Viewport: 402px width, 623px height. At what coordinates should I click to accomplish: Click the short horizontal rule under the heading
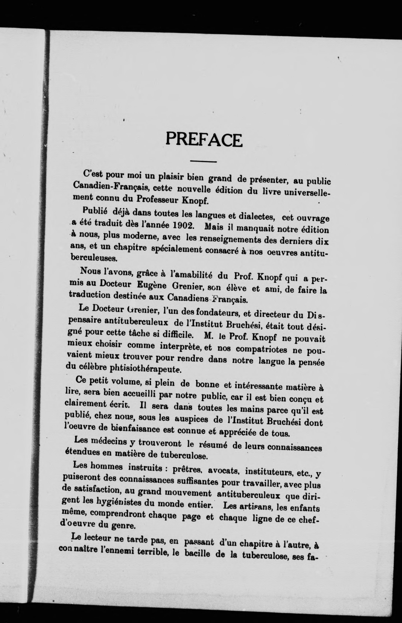coord(203,162)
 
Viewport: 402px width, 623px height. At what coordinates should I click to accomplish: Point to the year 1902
coord(182,225)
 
